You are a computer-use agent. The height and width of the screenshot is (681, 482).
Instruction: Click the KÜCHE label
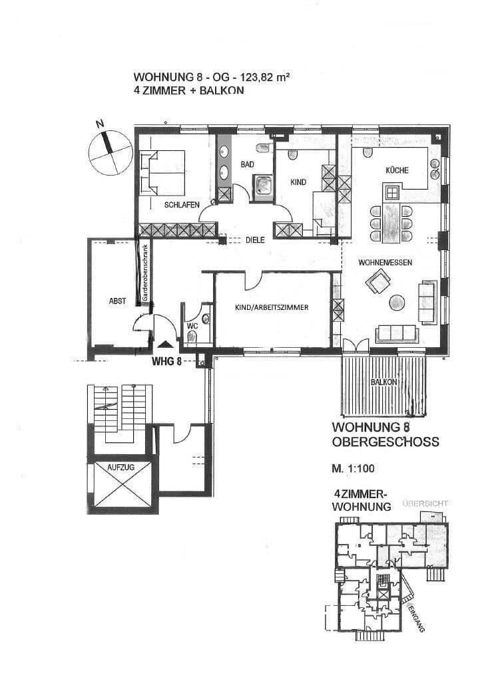click(x=397, y=170)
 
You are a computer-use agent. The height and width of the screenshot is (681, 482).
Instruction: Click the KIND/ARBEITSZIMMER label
click(x=272, y=307)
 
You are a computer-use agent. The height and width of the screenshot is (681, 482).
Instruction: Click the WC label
click(x=191, y=326)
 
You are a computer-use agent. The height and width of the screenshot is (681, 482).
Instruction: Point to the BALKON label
click(x=383, y=382)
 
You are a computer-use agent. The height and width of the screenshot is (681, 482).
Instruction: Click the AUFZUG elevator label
click(x=120, y=468)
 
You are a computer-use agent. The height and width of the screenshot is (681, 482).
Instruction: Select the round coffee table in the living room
click(x=397, y=303)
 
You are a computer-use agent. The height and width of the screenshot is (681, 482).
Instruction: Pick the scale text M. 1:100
click(x=354, y=468)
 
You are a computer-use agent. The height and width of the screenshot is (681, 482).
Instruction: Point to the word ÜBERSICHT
click(x=425, y=505)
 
